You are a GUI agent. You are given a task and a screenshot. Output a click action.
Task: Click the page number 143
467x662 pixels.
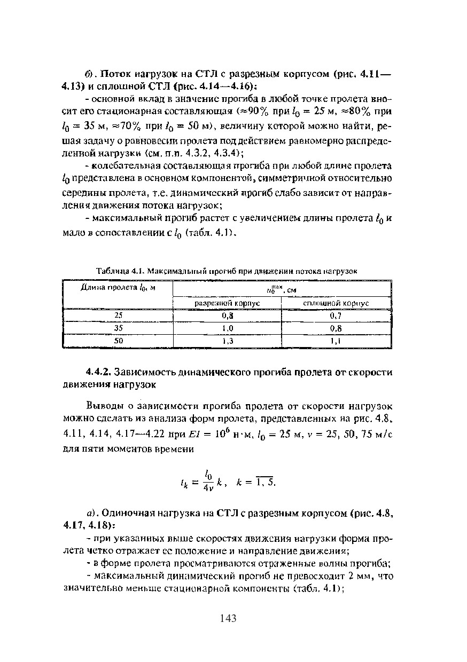tap(228, 619)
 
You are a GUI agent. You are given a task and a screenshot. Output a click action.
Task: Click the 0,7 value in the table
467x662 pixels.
tap(336, 316)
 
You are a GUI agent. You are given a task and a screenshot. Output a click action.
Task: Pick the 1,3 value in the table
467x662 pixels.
tap(228, 340)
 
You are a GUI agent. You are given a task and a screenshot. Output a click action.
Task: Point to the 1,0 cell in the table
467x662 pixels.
tap(228, 328)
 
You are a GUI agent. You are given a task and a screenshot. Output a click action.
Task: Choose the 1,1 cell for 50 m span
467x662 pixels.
tap(336, 340)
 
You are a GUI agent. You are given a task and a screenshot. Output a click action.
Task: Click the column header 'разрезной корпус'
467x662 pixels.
tap(227, 303)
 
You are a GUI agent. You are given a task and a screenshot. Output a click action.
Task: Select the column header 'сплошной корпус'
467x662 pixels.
tap(336, 303)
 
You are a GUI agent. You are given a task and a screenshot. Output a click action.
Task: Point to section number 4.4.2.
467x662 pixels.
tap(98, 372)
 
